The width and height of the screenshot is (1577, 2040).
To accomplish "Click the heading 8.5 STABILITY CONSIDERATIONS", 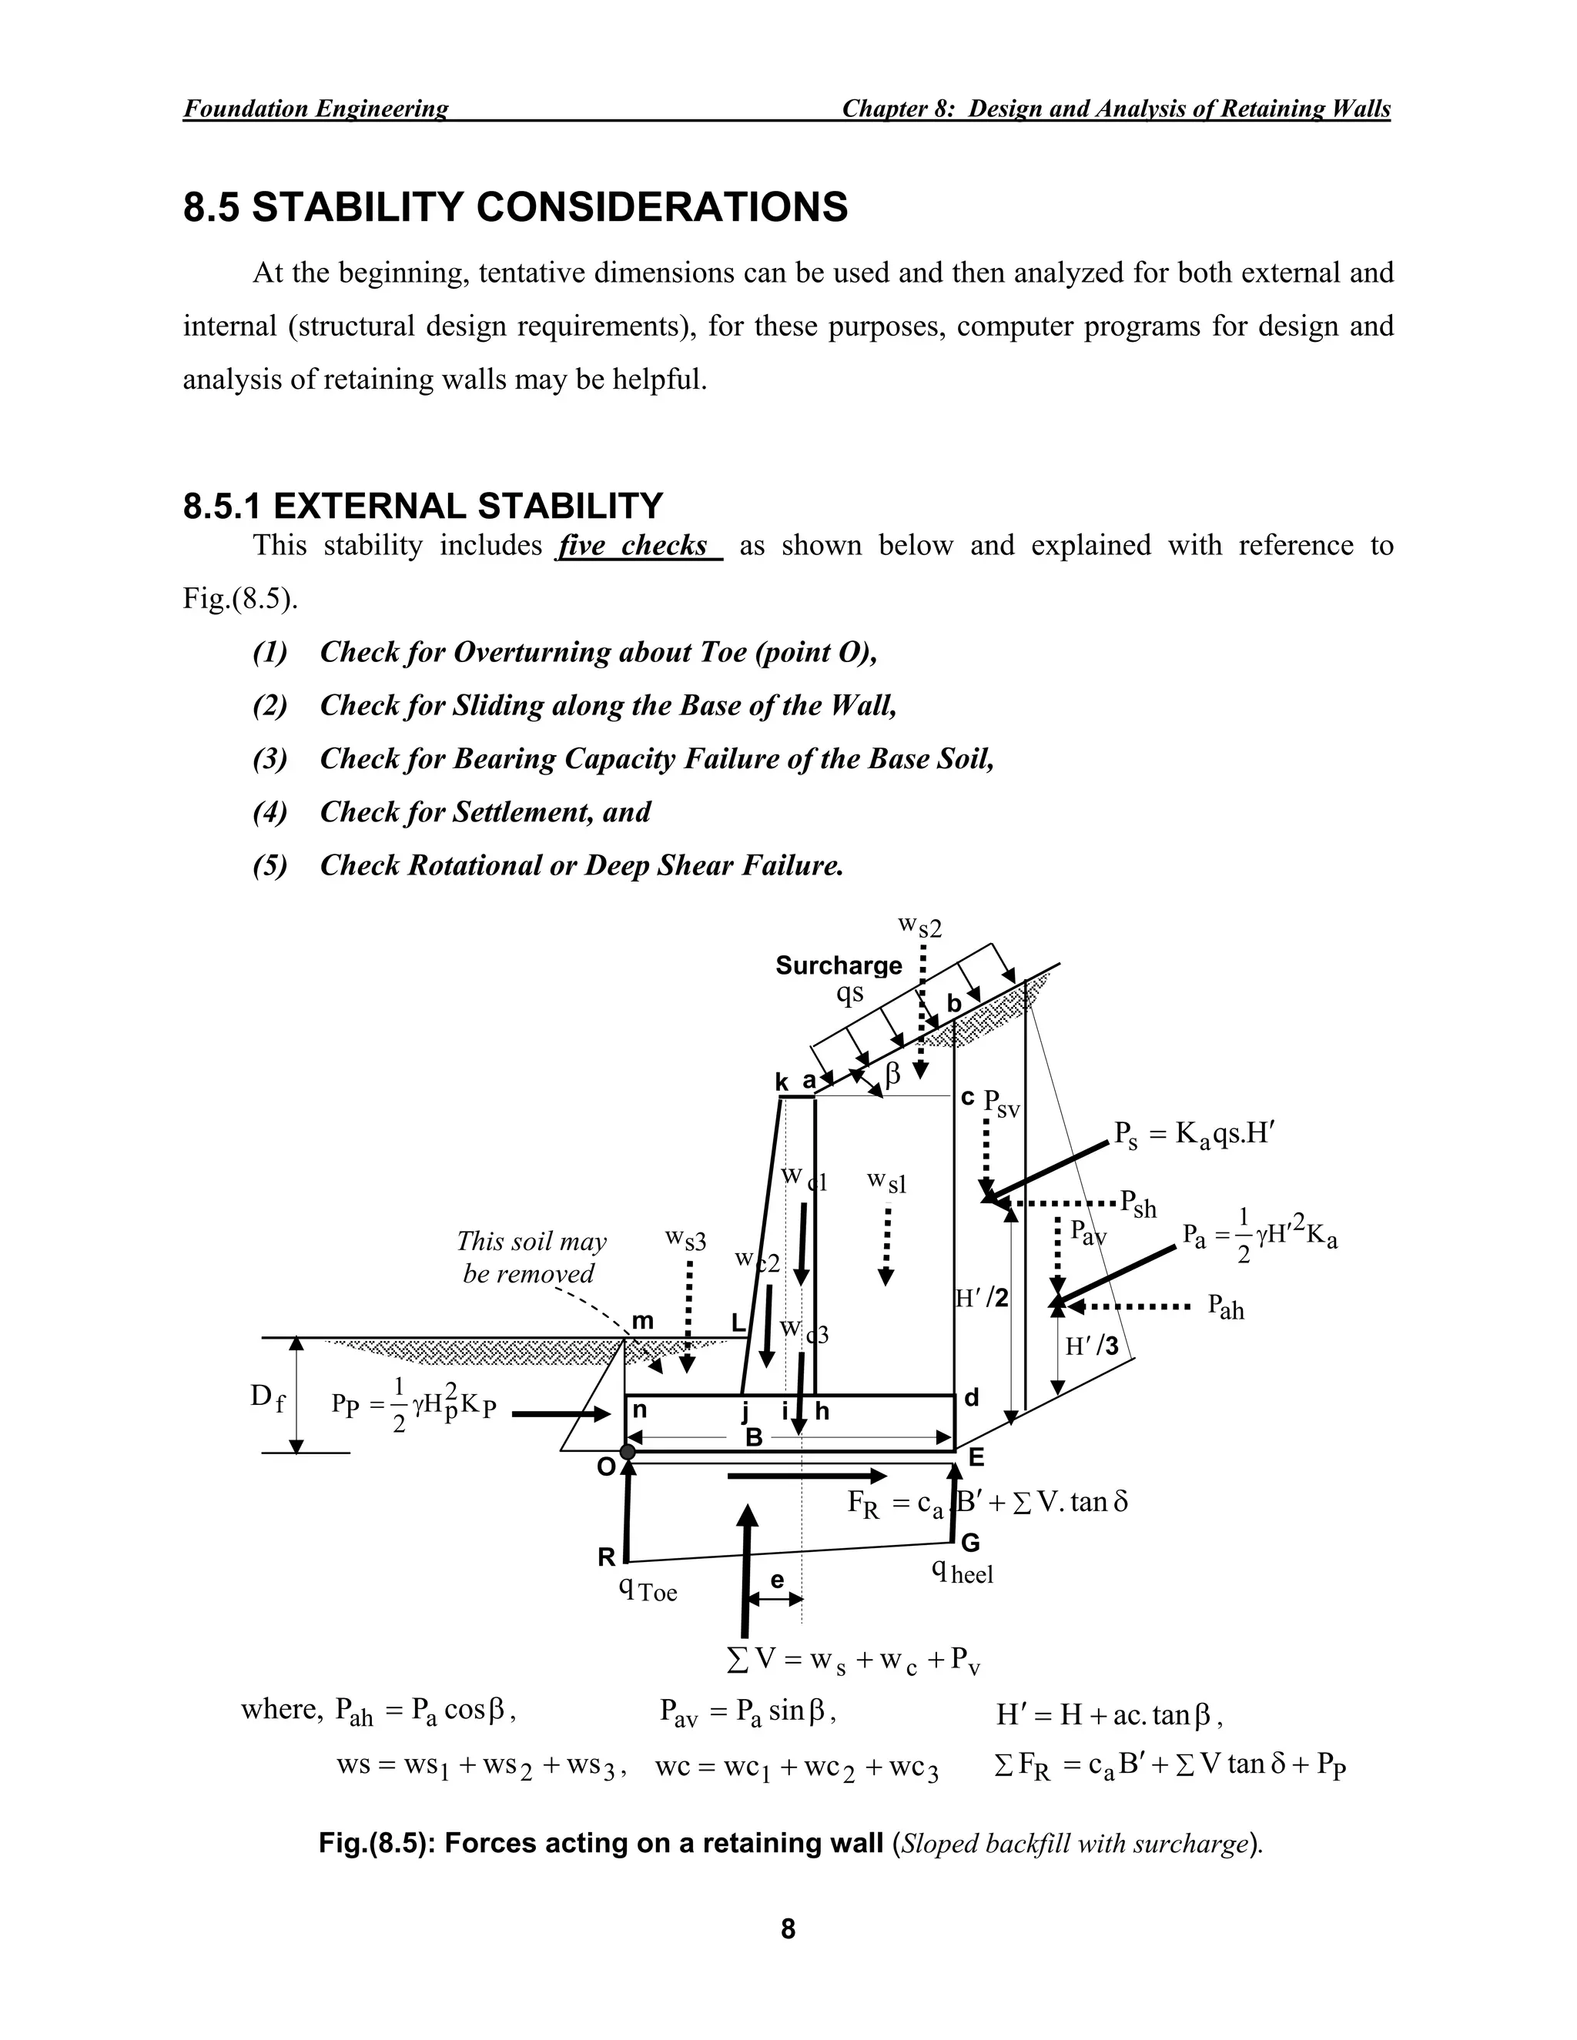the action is pyautogui.click(x=515, y=206).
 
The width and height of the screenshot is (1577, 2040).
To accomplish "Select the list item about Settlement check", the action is pyautogui.click(x=485, y=811).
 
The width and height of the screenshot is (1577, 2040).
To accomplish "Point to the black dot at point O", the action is pyautogui.click(x=628, y=1450).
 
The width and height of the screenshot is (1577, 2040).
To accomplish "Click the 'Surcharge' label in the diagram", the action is pyautogui.click(x=838, y=965).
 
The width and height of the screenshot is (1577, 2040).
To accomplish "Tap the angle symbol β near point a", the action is pyautogui.click(x=892, y=1075).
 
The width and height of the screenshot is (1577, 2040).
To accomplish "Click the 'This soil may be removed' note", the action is pyautogui.click(x=531, y=1257).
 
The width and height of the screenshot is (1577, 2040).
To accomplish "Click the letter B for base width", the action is pyautogui.click(x=754, y=1437).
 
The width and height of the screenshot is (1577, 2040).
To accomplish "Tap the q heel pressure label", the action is pyautogui.click(x=963, y=1572).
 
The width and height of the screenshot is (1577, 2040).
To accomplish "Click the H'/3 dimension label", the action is pyautogui.click(x=1091, y=1346).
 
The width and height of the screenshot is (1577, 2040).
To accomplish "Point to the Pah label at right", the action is pyautogui.click(x=1225, y=1307).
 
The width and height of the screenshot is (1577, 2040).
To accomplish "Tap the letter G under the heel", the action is pyautogui.click(x=971, y=1542).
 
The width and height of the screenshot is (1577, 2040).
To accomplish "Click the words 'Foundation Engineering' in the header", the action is pyautogui.click(x=315, y=109).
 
